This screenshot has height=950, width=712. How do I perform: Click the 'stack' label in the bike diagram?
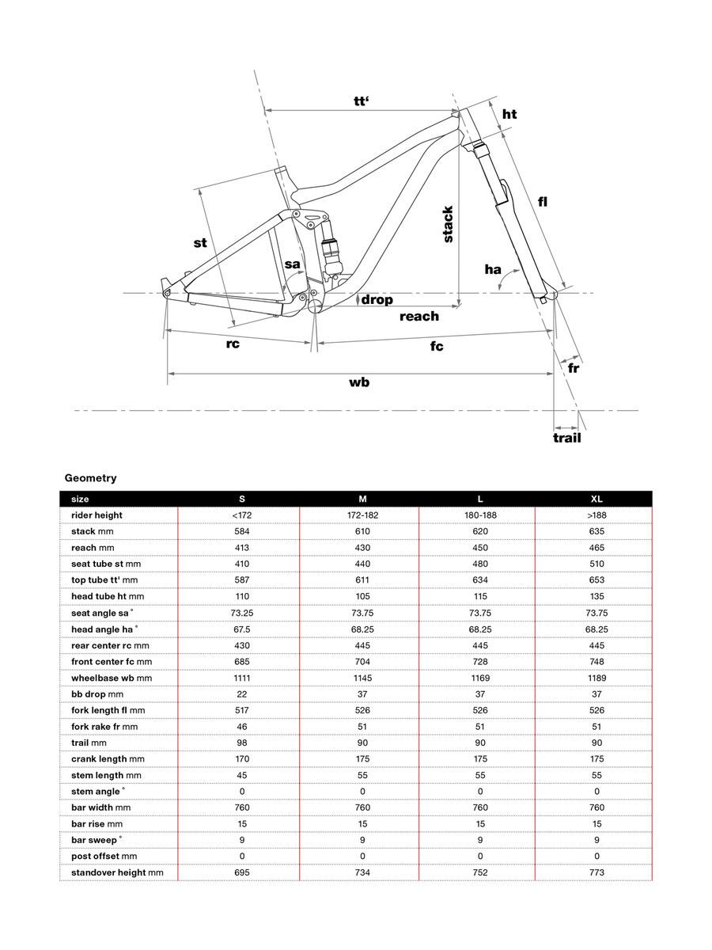point(448,224)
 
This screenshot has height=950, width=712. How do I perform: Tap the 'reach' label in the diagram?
point(418,317)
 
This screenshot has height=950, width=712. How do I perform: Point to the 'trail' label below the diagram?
point(566,438)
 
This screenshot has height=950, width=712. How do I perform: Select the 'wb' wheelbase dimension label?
point(360,382)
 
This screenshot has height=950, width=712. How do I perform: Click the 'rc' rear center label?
point(232,344)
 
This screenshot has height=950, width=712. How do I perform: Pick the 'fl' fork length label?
point(543,202)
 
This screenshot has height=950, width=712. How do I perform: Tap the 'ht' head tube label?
point(509,114)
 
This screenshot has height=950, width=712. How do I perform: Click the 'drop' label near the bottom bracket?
point(377,300)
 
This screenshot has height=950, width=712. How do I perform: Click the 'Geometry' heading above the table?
point(90,478)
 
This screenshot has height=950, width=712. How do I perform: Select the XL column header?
point(596,499)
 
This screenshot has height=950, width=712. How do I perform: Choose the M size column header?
point(362,499)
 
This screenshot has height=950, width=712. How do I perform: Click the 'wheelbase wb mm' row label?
point(111,678)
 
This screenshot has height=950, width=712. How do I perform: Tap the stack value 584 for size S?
point(242,531)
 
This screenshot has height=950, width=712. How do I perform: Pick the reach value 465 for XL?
point(596,548)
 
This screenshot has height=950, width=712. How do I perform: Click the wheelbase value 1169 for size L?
point(480,678)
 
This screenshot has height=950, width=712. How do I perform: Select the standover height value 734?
point(362,872)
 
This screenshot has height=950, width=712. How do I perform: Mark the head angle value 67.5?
point(242,629)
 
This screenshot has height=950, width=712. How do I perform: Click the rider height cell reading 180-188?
point(480,515)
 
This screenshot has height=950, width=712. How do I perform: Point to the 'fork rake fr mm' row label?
point(104,727)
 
